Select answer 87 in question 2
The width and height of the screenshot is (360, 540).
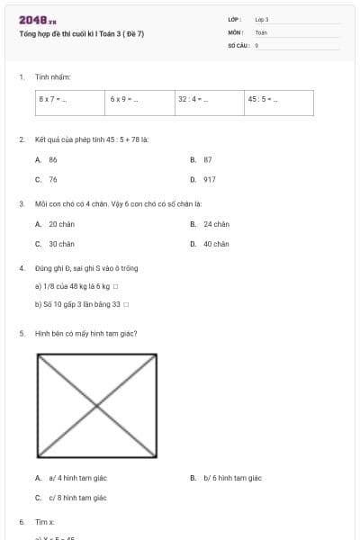pyautogui.click(x=207, y=159)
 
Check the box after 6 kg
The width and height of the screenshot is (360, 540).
pyautogui.click(x=116, y=287)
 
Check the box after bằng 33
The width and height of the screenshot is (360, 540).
pyautogui.click(x=126, y=304)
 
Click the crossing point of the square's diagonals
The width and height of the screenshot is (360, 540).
pyautogui.click(x=96, y=405)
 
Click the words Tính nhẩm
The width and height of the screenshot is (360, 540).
pyautogui.click(x=47, y=78)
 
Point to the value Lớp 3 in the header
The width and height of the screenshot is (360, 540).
pyautogui.click(x=262, y=19)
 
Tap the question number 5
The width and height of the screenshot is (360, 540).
pyautogui.click(x=22, y=333)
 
